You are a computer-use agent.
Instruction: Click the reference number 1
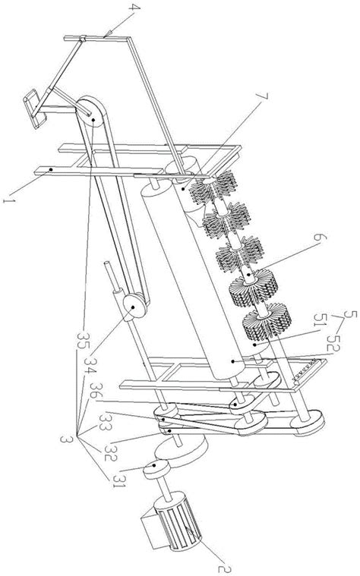coord(8,201)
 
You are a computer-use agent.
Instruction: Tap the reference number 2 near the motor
coord(224,568)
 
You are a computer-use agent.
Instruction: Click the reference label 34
coord(90,365)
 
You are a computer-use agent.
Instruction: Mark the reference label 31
coord(118,480)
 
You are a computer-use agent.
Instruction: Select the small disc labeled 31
coord(156,470)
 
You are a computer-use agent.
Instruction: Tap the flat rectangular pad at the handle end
coord(35,109)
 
